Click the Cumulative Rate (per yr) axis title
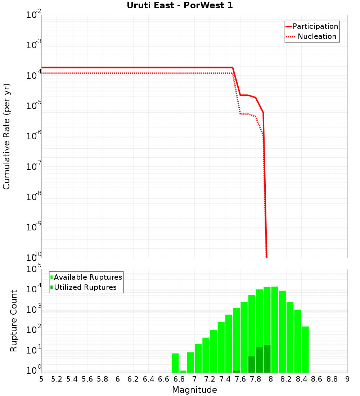click(x=6, y=136)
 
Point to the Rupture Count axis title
click(x=14, y=321)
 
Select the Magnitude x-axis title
click(x=194, y=390)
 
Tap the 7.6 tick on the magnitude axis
click(x=240, y=379)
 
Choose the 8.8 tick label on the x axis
click(x=332, y=379)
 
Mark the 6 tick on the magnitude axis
click(x=118, y=379)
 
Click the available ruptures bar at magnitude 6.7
click(x=175, y=363)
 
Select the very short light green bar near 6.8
click(x=183, y=372)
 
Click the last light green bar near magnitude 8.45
click(x=305, y=349)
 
